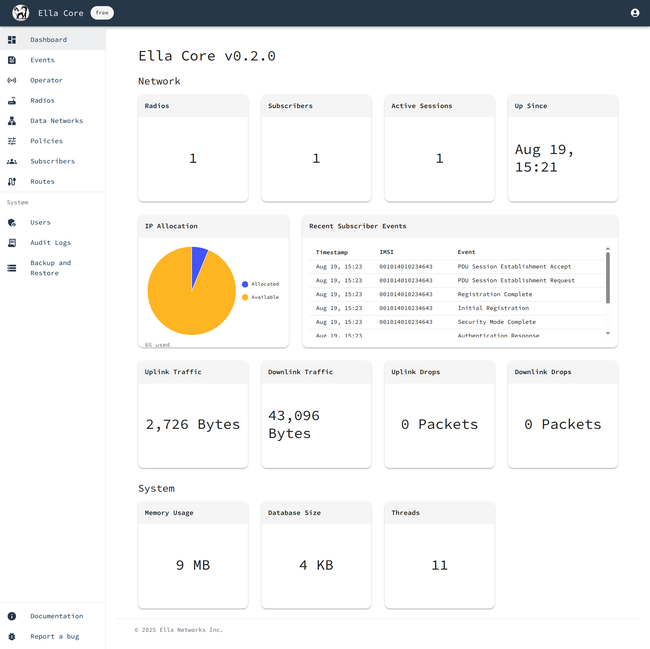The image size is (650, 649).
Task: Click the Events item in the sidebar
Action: coord(42,60)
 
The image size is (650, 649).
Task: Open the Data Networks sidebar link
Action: coord(56,121)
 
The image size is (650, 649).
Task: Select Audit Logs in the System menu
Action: coord(50,243)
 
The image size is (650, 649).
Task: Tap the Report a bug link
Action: coord(54,637)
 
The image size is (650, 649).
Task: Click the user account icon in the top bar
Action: coord(635,13)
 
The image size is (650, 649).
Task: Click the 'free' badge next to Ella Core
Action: coord(102,13)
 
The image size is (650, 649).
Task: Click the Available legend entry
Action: coord(265,297)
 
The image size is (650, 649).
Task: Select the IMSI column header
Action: coord(386,252)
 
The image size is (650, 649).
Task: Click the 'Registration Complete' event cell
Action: coord(495,294)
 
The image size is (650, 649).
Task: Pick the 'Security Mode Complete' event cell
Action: coord(497,322)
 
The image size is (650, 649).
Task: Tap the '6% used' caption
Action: coord(157,345)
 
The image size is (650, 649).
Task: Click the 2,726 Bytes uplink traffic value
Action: coord(193,424)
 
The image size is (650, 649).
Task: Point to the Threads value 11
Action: coord(440,565)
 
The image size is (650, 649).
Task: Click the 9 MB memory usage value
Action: coord(193,565)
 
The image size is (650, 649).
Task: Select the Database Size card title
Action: coord(294,513)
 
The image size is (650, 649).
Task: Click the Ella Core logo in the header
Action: coord(21,13)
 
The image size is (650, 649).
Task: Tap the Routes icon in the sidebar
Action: coord(12,182)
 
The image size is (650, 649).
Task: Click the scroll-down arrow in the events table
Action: coord(608,334)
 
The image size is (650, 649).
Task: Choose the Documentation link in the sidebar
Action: coord(56,616)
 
